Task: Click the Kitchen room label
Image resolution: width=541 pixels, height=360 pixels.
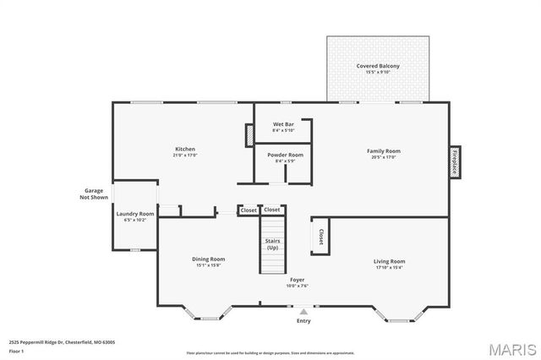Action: tap(184, 150)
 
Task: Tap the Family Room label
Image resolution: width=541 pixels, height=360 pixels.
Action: tap(383, 151)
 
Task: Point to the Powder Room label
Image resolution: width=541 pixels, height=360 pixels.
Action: tap(284, 155)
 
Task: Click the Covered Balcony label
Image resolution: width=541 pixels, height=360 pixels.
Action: tap(378, 66)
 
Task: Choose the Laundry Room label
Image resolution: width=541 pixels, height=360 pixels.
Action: tap(135, 214)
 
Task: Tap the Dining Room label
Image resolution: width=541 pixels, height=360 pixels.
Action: tap(208, 259)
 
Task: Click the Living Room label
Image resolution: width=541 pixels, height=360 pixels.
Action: tap(389, 261)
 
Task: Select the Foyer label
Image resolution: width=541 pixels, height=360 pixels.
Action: tap(298, 280)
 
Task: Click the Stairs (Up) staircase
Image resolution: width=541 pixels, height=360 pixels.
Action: tap(272, 245)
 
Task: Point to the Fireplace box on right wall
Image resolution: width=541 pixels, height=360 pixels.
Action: tap(454, 162)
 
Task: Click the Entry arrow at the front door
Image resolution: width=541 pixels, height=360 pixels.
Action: tap(303, 312)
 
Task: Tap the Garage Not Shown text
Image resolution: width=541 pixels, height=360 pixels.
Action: tap(93, 194)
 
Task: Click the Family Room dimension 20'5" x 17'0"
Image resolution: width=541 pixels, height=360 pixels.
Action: tap(383, 157)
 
